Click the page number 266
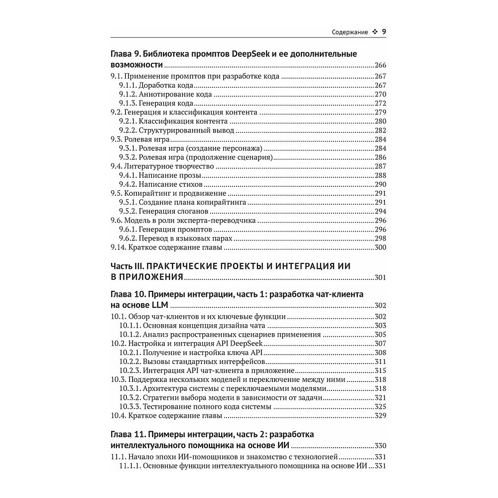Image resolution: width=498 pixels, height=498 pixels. (380, 66)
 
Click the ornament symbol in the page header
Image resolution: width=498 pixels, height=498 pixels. (374, 33)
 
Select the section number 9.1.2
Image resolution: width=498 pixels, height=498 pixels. (128, 94)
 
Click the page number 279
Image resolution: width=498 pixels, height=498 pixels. (380, 112)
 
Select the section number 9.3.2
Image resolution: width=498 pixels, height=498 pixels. (128, 157)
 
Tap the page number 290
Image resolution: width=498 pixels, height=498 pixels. (380, 184)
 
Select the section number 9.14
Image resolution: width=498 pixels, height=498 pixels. (118, 247)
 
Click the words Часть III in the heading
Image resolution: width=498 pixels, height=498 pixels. (127, 266)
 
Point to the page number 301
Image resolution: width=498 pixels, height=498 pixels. (380, 277)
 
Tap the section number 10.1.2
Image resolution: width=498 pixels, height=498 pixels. (130, 334)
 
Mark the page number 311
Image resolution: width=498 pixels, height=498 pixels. (380, 361)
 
